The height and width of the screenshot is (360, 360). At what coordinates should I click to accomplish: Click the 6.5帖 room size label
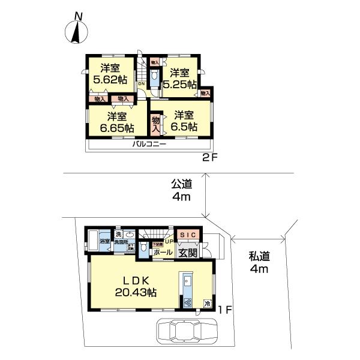(x=184, y=127)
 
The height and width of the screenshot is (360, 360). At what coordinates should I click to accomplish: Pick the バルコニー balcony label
(x=149, y=145)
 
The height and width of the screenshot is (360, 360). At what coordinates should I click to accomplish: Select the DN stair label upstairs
(x=141, y=84)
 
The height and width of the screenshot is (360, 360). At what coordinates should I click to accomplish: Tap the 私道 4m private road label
(x=259, y=263)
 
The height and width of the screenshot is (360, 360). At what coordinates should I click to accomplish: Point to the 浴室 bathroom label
(x=104, y=242)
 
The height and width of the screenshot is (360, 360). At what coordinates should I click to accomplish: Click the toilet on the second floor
(x=155, y=77)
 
